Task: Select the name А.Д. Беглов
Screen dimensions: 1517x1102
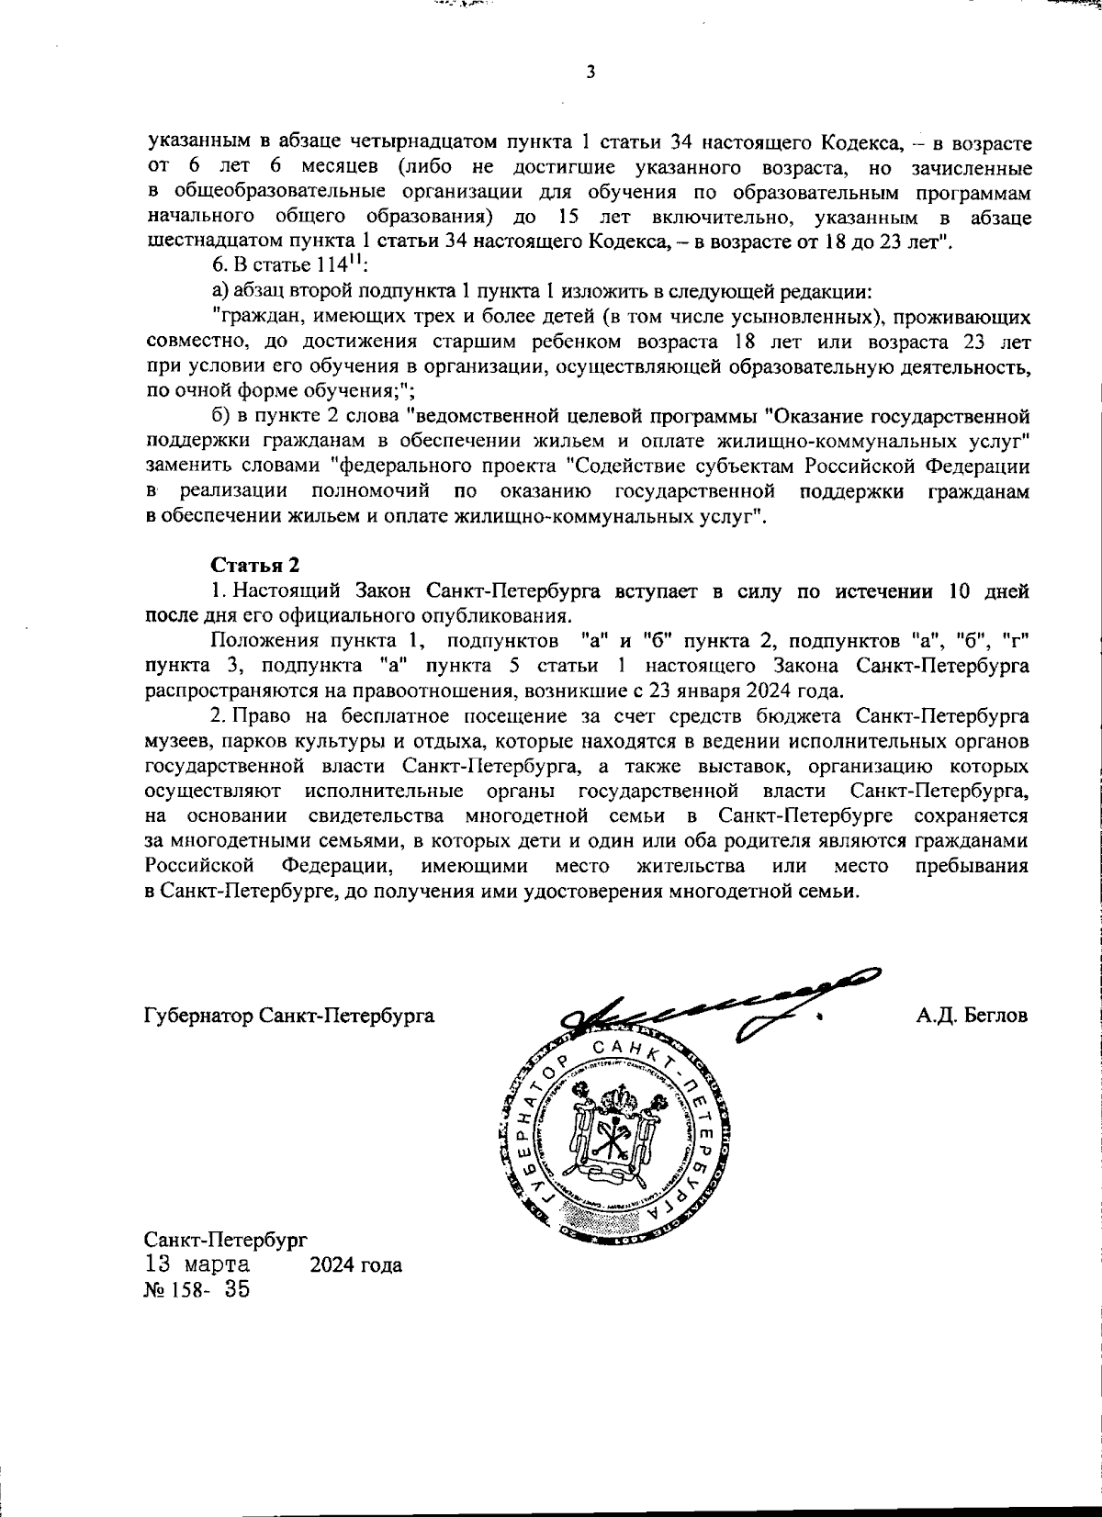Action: [x=972, y=1017]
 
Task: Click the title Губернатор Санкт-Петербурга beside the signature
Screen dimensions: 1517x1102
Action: [x=289, y=1017]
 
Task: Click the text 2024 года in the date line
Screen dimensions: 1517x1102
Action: [x=355, y=1265]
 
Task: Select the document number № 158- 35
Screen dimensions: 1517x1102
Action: [x=197, y=1289]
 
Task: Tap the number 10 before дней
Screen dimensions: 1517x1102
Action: [x=961, y=590]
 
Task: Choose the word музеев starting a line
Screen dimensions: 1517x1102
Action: [x=177, y=740]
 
